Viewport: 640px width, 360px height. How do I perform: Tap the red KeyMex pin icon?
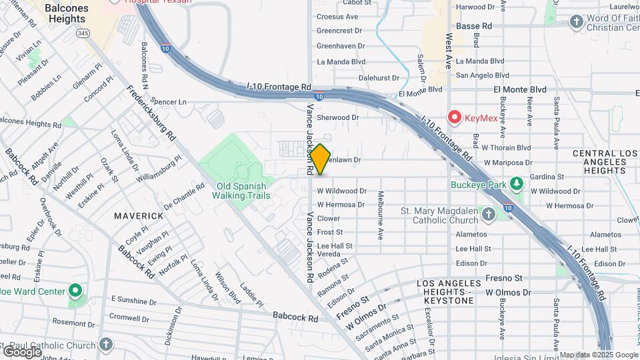[455, 117]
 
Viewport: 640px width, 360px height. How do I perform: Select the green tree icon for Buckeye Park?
[515, 183]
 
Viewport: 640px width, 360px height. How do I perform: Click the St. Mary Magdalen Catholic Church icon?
[488, 215]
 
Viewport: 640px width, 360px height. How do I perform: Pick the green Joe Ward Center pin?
[75, 291]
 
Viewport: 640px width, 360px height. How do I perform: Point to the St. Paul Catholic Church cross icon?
[105, 345]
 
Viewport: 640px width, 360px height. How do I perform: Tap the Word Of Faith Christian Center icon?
[577, 22]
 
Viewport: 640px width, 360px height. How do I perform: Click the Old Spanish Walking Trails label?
[241, 191]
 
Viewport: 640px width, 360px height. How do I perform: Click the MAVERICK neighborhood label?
[139, 216]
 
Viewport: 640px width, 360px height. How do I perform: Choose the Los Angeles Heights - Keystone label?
[445, 292]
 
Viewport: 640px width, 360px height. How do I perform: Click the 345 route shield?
[83, 32]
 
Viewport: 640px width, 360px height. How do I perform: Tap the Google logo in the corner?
[22, 351]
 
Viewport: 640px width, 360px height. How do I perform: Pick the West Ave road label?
[449, 51]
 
